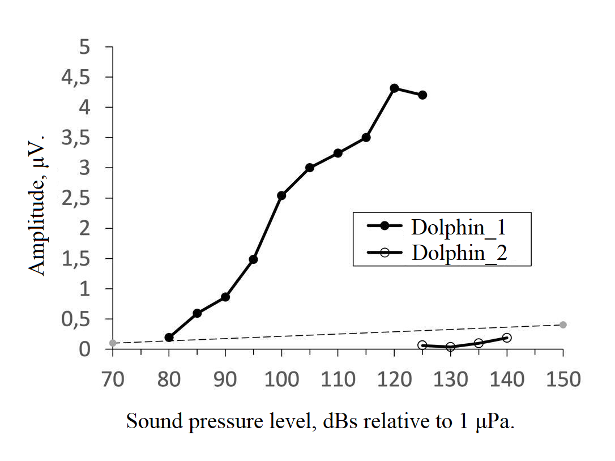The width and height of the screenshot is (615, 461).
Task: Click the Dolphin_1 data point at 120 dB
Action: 394,88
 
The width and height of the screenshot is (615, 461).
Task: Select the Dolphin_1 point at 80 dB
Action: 169,338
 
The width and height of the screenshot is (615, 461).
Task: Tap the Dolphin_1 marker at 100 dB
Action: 281,195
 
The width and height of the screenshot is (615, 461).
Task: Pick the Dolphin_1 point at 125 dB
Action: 422,95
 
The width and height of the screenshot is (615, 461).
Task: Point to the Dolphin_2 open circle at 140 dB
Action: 507,338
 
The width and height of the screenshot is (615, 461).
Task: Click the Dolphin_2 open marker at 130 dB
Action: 450,347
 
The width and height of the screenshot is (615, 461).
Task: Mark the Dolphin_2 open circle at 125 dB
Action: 422,345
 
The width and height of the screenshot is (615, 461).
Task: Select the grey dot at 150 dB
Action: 563,325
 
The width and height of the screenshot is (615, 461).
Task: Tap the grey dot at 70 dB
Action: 113,343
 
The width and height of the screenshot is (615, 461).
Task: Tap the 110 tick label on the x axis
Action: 338,379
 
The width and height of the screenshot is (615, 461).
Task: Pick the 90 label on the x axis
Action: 225,379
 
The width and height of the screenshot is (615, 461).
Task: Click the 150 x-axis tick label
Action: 563,379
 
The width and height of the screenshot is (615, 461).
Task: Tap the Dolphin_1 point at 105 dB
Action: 310,168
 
